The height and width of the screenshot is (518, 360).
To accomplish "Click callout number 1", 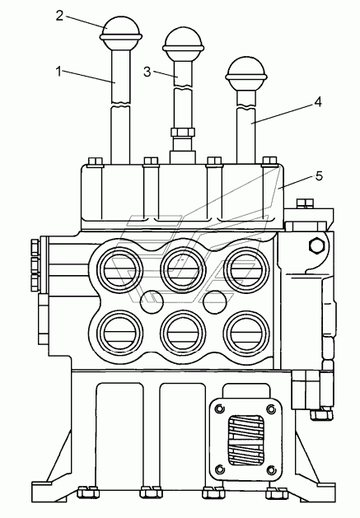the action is click(x=58, y=72).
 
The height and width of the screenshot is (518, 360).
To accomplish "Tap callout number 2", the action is click(x=59, y=16).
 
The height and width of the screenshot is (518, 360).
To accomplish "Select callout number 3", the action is click(x=147, y=72).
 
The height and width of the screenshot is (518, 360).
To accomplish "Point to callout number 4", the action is click(x=318, y=101).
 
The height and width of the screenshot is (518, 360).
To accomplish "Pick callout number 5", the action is click(x=319, y=176).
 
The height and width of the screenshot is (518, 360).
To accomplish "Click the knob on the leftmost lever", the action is click(x=121, y=32).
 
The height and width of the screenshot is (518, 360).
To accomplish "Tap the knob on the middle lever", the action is click(x=183, y=44).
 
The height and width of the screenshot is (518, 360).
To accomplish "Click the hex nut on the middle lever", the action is click(x=182, y=132).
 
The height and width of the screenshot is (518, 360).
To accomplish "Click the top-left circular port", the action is click(x=120, y=269).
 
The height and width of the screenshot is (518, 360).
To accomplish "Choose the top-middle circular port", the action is click(x=183, y=269).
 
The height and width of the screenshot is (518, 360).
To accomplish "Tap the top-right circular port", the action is click(x=246, y=269).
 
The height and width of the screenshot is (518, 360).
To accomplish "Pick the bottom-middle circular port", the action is click(x=183, y=333).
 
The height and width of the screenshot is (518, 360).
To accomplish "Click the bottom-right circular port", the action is click(x=246, y=333).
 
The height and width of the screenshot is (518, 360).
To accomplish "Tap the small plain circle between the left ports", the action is click(x=152, y=301).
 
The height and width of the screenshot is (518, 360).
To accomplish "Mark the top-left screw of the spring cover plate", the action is click(x=219, y=409).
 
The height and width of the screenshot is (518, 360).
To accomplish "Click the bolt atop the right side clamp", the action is click(x=305, y=203).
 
